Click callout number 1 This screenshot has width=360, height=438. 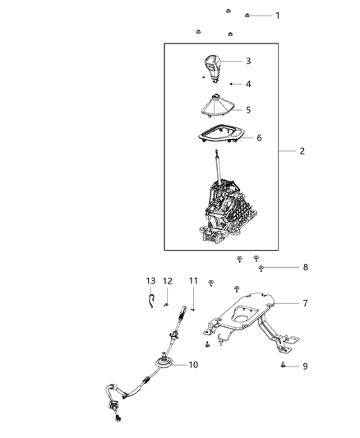click(x=277, y=16)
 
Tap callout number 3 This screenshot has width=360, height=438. click(x=248, y=61)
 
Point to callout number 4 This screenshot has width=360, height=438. click(x=248, y=84)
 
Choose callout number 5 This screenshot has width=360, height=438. click(x=248, y=109)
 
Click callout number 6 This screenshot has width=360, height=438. click(x=259, y=137)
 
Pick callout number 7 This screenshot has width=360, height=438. click(x=305, y=303)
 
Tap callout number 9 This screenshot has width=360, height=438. click(x=305, y=366)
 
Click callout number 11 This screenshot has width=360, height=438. click(x=194, y=281)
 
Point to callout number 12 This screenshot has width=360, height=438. click(x=168, y=281)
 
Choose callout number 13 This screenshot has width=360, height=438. click(x=150, y=281)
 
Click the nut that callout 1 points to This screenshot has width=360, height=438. click(x=249, y=16)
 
